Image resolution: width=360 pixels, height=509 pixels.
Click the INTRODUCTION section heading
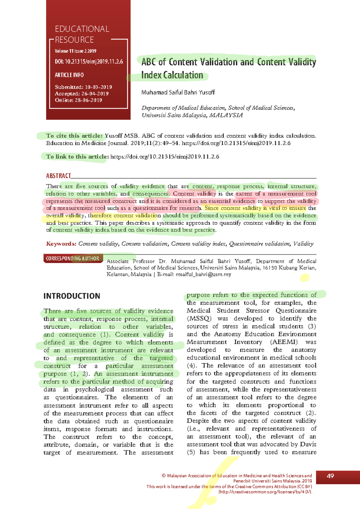(x=72, y=296)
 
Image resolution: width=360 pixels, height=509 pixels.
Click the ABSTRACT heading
(x=58, y=176)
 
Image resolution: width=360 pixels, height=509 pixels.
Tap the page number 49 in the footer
(x=330, y=476)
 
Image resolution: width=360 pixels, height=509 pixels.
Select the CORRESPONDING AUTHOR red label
(x=72, y=258)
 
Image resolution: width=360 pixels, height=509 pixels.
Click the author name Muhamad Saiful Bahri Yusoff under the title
(x=178, y=92)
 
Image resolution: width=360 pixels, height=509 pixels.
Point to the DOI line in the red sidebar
(x=89, y=62)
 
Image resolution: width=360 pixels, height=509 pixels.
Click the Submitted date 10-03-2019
(x=98, y=87)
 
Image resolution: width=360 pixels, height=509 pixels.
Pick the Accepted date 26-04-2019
(x=94, y=94)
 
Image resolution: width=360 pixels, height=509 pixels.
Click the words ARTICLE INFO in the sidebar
(x=69, y=75)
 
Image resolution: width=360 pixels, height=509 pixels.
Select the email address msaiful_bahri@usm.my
(x=203, y=274)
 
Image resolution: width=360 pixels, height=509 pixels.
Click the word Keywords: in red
(x=61, y=244)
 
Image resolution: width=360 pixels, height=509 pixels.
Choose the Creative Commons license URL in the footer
(x=265, y=492)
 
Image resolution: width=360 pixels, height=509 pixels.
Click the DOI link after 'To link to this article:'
(x=165, y=157)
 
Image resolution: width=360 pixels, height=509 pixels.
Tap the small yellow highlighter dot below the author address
(x=304, y=278)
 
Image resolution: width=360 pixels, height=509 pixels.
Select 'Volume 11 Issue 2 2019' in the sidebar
(x=75, y=51)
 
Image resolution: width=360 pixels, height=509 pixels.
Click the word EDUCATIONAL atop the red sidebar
(x=82, y=29)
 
